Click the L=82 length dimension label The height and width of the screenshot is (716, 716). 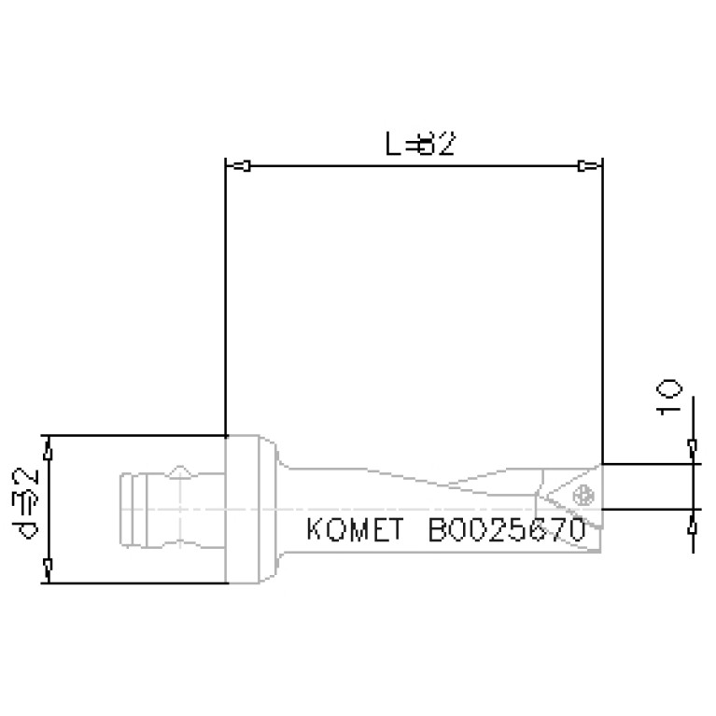coord(420,145)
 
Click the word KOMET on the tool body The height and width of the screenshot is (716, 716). coord(354,530)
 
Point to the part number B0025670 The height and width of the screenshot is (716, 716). coord(506,530)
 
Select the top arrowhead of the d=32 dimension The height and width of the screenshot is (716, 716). coord(49,451)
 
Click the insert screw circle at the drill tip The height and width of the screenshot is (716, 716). coord(584,493)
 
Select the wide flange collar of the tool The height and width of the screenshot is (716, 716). coord(250,509)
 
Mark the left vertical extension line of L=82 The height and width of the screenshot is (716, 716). coord(226,299)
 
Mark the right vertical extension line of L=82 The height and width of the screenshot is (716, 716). coord(601,308)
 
